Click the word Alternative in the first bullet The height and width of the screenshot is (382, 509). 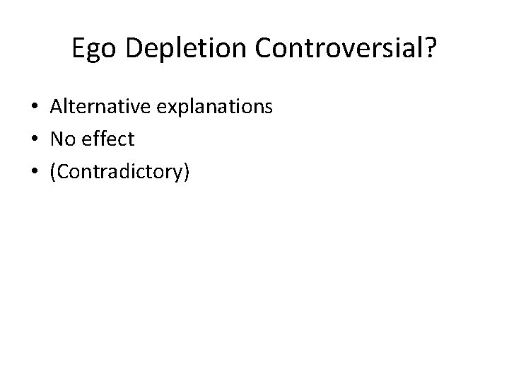click(95, 107)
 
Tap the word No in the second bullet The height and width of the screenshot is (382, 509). click(62, 139)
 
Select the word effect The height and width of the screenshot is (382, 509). click(107, 139)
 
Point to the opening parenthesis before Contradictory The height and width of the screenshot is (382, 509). click(53, 172)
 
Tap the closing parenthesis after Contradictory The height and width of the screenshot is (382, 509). click(186, 172)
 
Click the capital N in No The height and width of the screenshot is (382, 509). click(57, 139)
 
